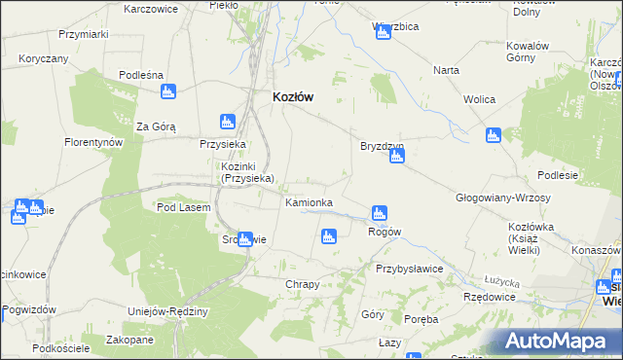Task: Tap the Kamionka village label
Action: (x=309, y=202)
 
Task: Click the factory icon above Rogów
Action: (x=380, y=213)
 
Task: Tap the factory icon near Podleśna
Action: (x=168, y=91)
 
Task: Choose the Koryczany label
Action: (x=43, y=58)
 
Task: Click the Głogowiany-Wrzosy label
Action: (x=503, y=198)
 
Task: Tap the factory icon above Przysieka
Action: (x=227, y=122)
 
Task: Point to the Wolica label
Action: (x=480, y=100)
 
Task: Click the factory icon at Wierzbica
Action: (x=382, y=34)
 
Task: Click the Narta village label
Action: (x=447, y=71)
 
